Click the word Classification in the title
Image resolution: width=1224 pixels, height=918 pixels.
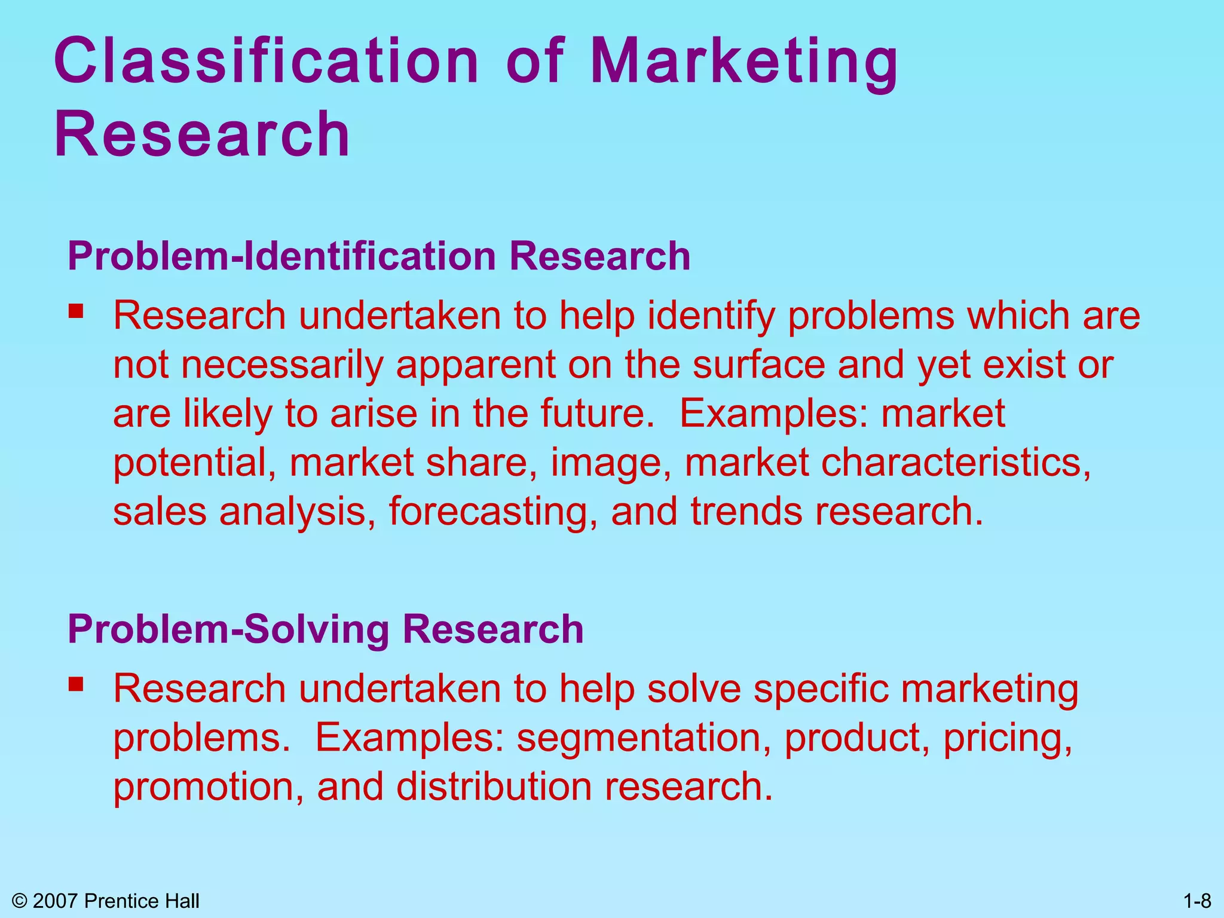(267, 61)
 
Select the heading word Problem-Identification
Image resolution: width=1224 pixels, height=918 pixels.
(281, 256)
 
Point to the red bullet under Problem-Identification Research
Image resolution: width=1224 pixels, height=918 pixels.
(76, 311)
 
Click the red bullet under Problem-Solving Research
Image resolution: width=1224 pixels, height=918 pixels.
(76, 684)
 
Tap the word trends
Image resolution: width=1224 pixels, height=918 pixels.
(746, 512)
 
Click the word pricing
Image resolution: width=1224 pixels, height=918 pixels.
(1008, 738)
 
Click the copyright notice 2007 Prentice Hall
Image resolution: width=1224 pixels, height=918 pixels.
(106, 901)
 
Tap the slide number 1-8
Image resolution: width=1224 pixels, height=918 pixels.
(1197, 901)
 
